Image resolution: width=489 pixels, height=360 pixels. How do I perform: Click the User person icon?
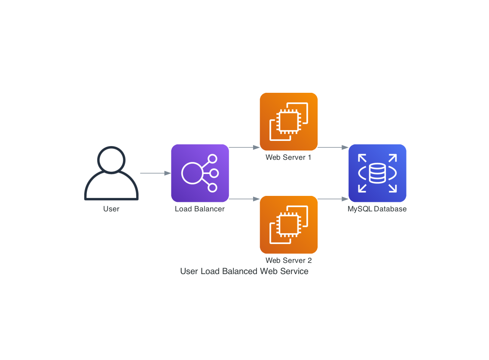pos(111,174)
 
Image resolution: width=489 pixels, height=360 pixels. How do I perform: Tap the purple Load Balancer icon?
pos(200,173)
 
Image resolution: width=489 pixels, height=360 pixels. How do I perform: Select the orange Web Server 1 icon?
pos(289,122)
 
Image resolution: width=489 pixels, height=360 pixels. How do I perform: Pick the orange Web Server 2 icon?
pos(289,225)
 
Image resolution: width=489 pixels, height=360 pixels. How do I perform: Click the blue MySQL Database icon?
pos(377,173)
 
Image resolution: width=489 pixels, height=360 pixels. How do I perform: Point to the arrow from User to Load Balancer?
pos(155,173)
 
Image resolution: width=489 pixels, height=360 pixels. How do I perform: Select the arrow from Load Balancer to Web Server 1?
pos(244,147)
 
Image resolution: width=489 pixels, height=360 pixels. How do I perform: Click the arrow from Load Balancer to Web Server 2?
pos(244,199)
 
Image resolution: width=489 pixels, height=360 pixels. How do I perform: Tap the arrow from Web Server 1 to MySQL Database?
pos(333,147)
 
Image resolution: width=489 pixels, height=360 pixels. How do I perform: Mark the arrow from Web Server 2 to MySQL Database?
pos(333,199)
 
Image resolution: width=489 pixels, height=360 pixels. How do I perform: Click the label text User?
pos(111,209)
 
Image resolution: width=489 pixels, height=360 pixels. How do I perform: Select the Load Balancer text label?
pos(200,209)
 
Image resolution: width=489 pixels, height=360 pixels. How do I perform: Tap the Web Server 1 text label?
pos(289,157)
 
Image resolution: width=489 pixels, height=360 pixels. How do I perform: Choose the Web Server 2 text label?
pos(289,260)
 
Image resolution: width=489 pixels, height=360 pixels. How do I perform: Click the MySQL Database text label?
pos(377,209)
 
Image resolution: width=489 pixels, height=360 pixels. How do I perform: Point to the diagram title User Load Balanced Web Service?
pos(244,272)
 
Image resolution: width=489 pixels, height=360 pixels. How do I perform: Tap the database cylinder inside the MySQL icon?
pos(377,173)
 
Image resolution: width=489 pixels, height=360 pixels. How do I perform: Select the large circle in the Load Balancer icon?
pos(192,173)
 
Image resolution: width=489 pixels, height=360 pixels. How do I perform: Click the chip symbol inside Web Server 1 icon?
pos(285,119)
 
